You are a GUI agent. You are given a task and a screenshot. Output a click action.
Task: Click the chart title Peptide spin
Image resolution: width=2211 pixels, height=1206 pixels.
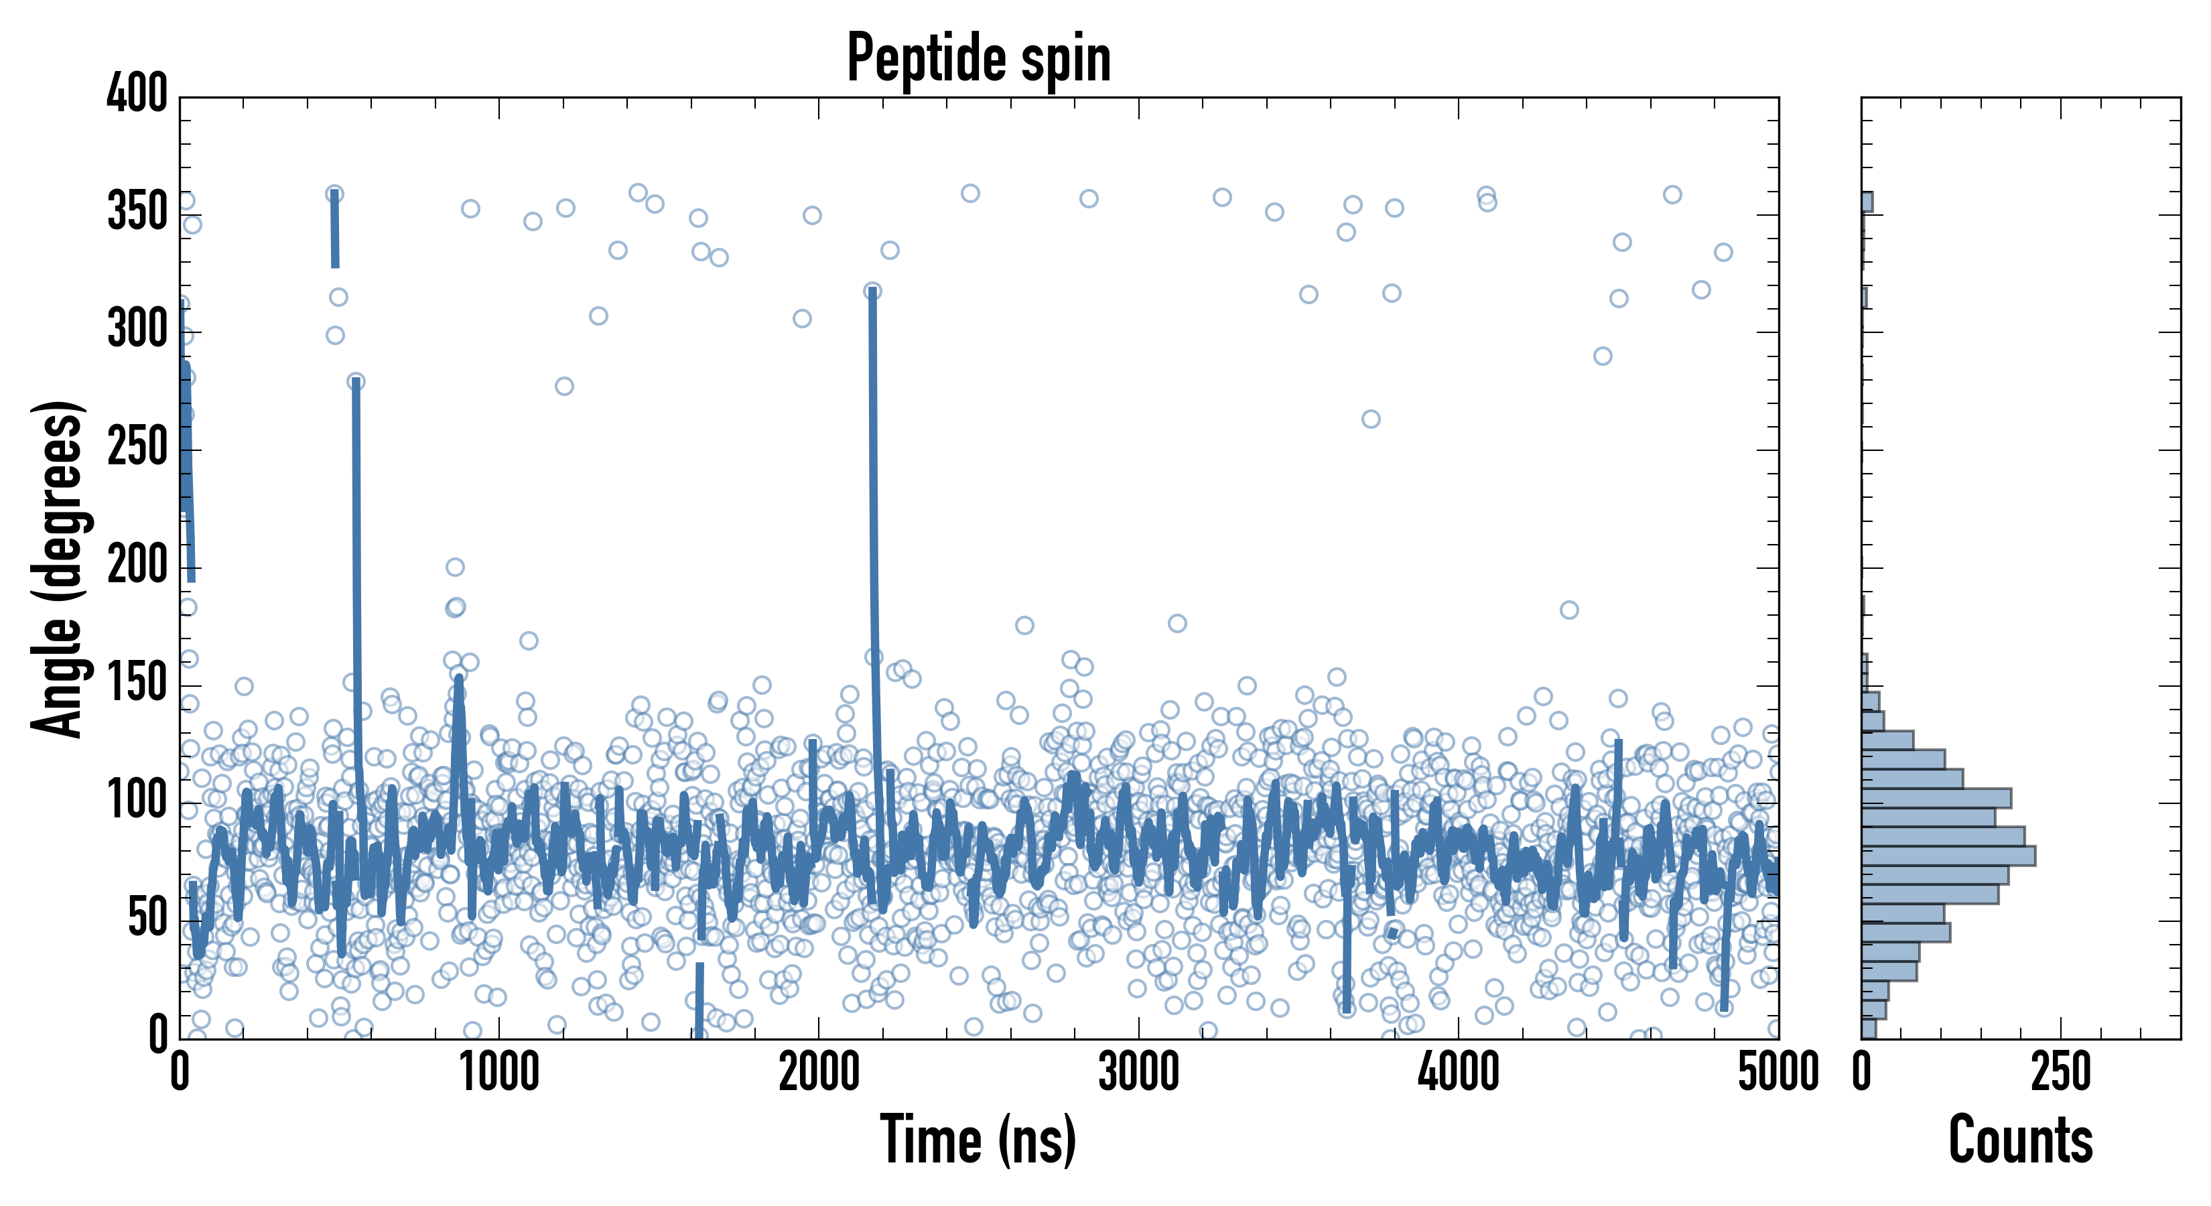pyautogui.click(x=978, y=58)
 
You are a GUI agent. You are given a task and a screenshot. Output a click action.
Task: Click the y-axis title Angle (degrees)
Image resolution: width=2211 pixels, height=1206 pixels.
pyautogui.click(x=58, y=568)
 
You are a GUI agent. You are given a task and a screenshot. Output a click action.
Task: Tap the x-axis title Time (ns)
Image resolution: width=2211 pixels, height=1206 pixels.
pyautogui.click(x=978, y=1139)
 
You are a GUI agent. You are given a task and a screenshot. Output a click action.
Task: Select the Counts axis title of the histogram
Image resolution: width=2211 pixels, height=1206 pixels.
pyautogui.click(x=2021, y=1139)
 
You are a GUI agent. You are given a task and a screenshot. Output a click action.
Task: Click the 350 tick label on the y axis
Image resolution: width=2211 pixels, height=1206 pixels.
pyautogui.click(x=137, y=211)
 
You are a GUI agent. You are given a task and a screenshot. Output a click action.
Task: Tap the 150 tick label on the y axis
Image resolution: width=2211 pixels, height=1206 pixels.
pyautogui.click(x=137, y=683)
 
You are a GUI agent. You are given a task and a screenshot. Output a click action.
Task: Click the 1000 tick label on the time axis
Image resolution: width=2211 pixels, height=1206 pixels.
pyautogui.click(x=500, y=1073)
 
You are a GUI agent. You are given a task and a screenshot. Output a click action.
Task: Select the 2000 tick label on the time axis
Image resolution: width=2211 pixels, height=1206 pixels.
pyautogui.click(x=819, y=1073)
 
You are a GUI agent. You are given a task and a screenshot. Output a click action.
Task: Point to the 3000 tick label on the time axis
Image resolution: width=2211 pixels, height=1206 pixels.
pyautogui.click(x=1139, y=1073)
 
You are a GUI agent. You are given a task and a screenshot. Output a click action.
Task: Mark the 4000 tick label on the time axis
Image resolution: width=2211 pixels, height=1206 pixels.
pyautogui.click(x=1459, y=1073)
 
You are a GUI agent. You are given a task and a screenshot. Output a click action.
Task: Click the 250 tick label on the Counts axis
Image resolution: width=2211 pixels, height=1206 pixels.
pyautogui.click(x=2061, y=1073)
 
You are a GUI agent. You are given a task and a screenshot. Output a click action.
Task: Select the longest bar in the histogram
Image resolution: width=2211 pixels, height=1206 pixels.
pyautogui.click(x=1948, y=856)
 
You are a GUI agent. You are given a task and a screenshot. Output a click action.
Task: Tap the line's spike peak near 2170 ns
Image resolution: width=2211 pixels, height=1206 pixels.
pyautogui.click(x=873, y=292)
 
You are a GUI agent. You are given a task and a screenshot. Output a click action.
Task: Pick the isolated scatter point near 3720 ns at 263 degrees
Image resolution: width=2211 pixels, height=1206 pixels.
pyautogui.click(x=1371, y=419)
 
